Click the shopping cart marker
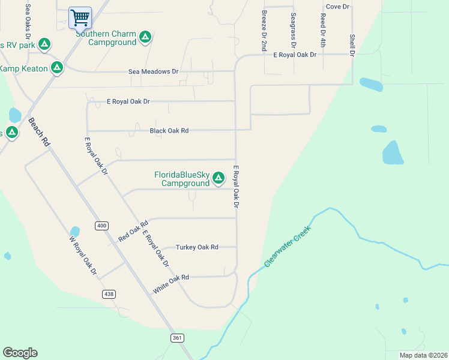tap(80, 17)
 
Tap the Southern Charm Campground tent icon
tap(145, 38)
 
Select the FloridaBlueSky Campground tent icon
tap(218, 178)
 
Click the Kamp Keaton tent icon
tap(57, 68)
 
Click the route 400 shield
tap(101, 226)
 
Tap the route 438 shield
tap(109, 294)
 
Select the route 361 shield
tap(176, 338)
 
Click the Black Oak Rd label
tap(169, 130)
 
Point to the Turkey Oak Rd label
tap(197, 247)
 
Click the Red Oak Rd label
tap(133, 231)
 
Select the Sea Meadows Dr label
tap(154, 71)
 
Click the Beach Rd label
tap(38, 133)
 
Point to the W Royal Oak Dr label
tap(83, 256)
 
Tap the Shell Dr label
tap(352, 44)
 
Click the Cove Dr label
tap(338, 6)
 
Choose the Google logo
tap(20, 353)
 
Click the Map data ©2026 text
tap(423, 355)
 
